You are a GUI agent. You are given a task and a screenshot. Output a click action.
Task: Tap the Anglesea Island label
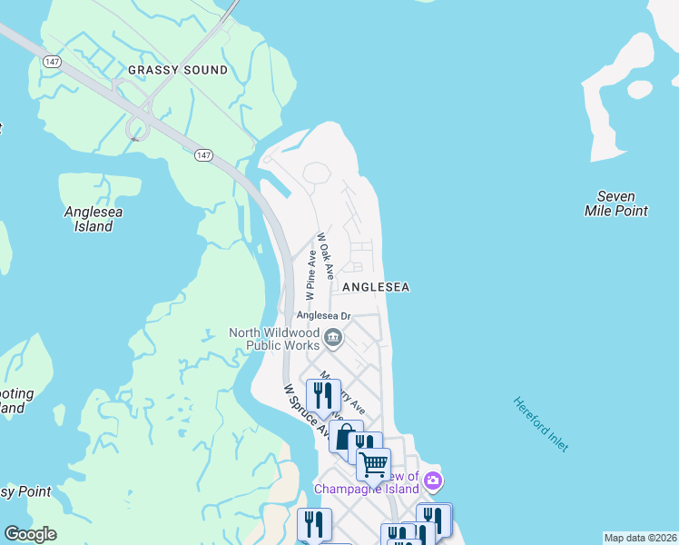[x=93, y=219]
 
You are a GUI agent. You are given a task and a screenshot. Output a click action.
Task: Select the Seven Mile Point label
[x=615, y=203]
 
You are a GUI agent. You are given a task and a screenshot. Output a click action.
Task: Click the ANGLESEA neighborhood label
[x=376, y=287]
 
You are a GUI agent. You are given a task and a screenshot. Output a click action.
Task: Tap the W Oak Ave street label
[x=326, y=255]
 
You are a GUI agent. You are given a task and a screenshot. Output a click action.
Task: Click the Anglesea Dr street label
[x=319, y=315]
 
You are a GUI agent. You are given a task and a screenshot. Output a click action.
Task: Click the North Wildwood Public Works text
[x=274, y=339]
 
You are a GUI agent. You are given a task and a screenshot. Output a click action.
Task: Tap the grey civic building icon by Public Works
[x=332, y=339]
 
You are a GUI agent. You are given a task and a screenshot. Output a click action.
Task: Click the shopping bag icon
[x=345, y=437]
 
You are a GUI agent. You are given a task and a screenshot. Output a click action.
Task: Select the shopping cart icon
[x=373, y=463]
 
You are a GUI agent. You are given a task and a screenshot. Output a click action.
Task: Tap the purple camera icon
[x=434, y=480]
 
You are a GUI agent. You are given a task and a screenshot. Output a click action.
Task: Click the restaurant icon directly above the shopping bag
[x=323, y=395]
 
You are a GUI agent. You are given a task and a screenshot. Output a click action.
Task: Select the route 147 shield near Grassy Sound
[x=52, y=59]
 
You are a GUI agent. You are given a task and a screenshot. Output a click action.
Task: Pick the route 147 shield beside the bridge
[x=203, y=155]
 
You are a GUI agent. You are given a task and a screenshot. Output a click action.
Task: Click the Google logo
[x=30, y=534]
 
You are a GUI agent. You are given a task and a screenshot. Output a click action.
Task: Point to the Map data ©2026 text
[x=640, y=538]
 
